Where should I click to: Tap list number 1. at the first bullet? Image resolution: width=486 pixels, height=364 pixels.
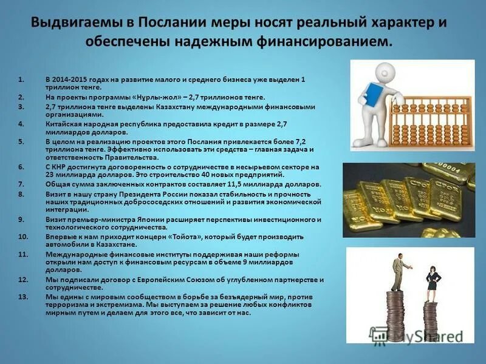pyautogui.click(x=21, y=80)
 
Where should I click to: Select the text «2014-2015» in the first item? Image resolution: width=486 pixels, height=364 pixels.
pyautogui.click(x=70, y=80)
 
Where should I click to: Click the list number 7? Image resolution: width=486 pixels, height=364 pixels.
pyautogui.click(x=21, y=184)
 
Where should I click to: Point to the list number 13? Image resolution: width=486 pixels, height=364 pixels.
pyautogui.click(x=22, y=297)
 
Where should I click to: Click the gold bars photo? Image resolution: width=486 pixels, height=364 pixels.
pyautogui.click(x=408, y=200)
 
